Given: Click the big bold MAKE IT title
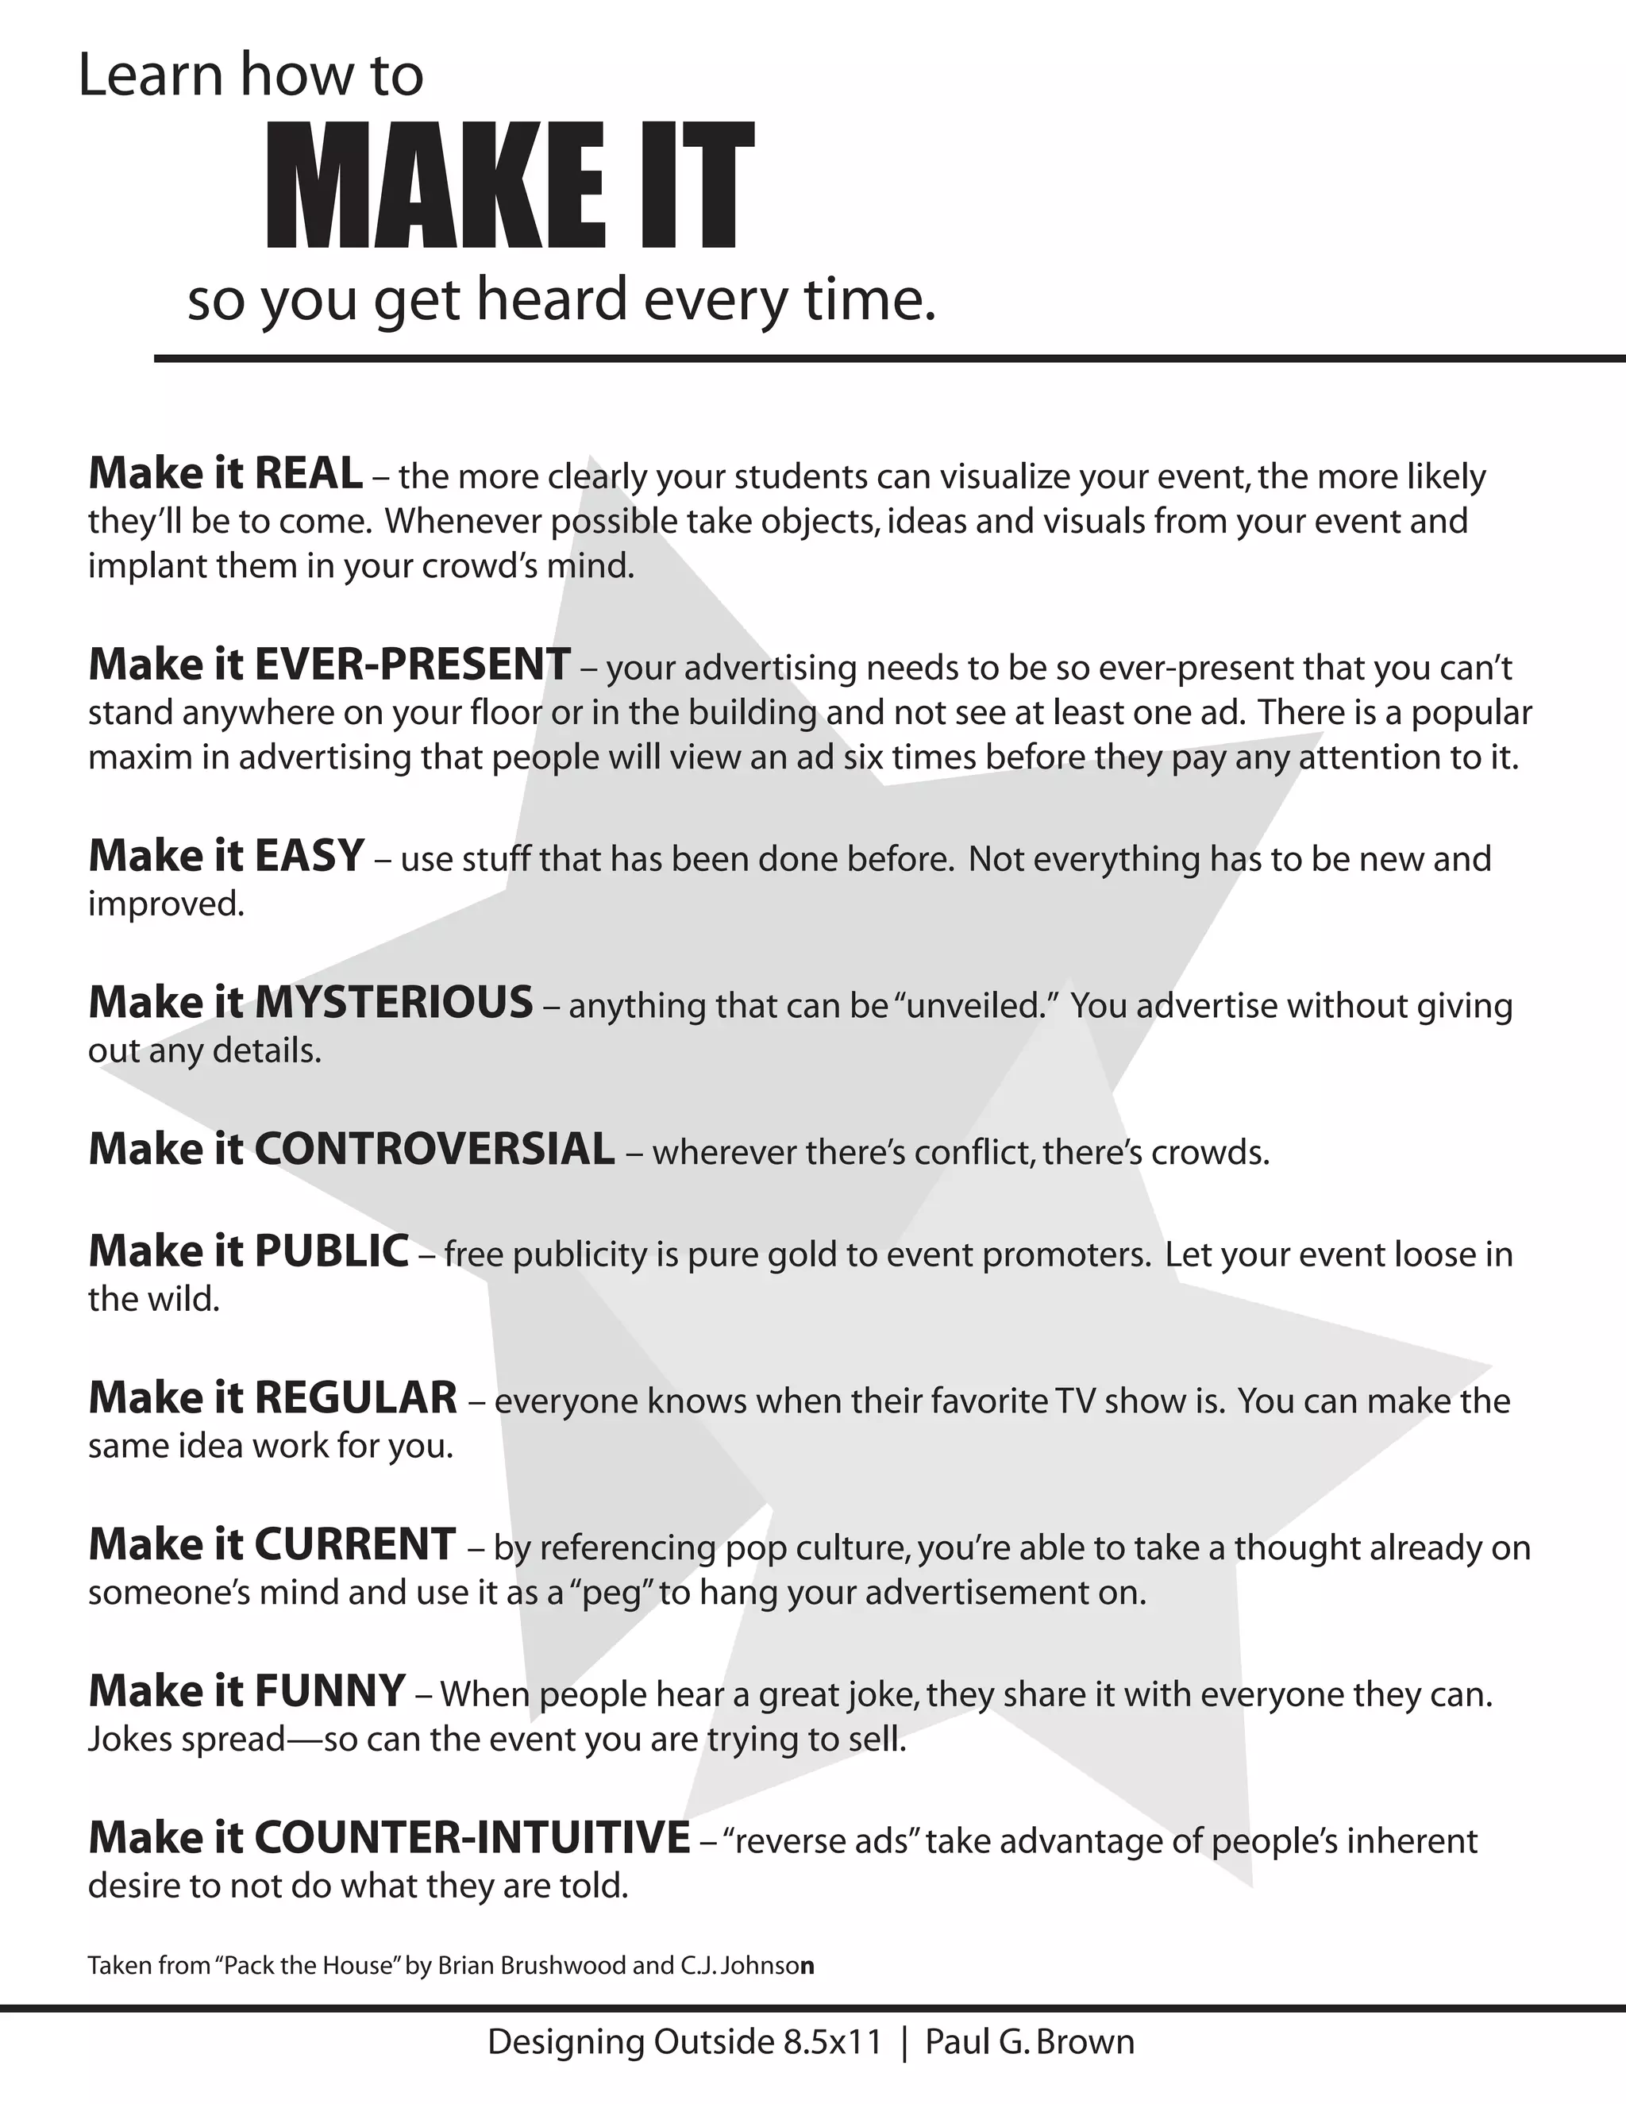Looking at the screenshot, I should click(509, 186).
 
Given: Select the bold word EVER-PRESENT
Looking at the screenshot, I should click(412, 665).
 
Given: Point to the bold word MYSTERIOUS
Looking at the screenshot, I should click(393, 1003).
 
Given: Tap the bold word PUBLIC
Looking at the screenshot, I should click(331, 1251).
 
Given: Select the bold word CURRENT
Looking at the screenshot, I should click(354, 1544).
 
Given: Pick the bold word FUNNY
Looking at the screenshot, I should click(329, 1692).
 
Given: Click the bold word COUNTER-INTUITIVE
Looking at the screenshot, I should click(472, 1838).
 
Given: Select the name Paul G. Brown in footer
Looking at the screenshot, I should click(1030, 2042).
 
